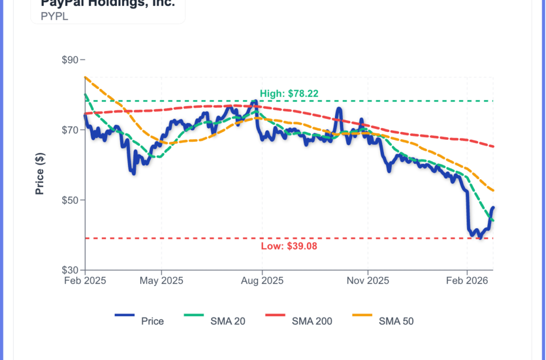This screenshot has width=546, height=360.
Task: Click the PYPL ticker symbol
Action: (x=54, y=17)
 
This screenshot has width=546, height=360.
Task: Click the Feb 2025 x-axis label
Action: (x=85, y=281)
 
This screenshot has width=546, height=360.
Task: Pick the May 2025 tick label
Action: (x=161, y=281)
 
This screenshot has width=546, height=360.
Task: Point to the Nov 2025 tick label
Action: (x=367, y=281)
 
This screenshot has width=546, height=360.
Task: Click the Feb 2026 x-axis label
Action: (x=467, y=281)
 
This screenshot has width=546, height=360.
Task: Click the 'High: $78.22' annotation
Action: (x=289, y=93)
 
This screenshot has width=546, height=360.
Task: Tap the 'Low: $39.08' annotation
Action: (x=289, y=246)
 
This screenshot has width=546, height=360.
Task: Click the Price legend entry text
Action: (x=152, y=321)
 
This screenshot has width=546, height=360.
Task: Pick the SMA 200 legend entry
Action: (x=312, y=321)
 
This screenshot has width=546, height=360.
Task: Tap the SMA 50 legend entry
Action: (x=396, y=321)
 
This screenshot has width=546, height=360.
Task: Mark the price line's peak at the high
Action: (x=255, y=101)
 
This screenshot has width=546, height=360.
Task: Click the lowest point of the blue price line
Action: (x=480, y=238)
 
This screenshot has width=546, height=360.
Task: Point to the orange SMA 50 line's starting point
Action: (x=85, y=77)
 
